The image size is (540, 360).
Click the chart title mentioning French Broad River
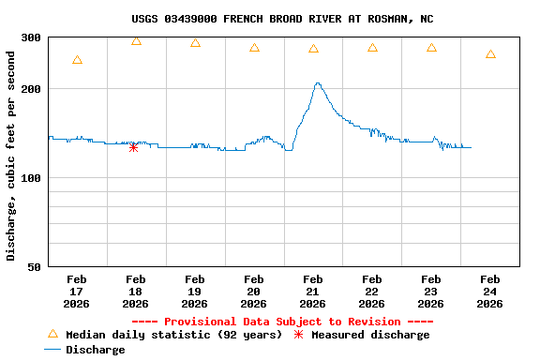point(282,19)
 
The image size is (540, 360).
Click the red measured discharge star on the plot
point(133,147)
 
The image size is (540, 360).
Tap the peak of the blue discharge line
point(318,83)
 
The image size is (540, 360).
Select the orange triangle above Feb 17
point(77,60)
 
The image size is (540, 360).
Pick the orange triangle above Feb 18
point(136,40)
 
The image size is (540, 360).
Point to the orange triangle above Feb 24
point(490,54)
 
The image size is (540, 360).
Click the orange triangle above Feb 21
point(313,48)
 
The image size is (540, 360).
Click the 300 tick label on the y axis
point(31,37)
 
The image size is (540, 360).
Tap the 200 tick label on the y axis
point(31,89)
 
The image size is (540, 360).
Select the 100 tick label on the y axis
point(31,178)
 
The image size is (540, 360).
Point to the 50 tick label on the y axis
point(35,267)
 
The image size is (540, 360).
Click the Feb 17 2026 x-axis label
point(77,292)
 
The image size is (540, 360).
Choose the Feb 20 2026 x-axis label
point(254,292)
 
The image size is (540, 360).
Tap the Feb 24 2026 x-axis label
point(490,292)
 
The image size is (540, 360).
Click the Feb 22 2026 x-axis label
point(372,292)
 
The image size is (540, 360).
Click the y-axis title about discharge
point(11,156)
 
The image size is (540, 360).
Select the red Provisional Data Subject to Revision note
point(282,322)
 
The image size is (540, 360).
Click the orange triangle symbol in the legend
point(52,334)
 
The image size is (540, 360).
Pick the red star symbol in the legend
point(299,335)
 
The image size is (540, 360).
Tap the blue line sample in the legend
point(52,350)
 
